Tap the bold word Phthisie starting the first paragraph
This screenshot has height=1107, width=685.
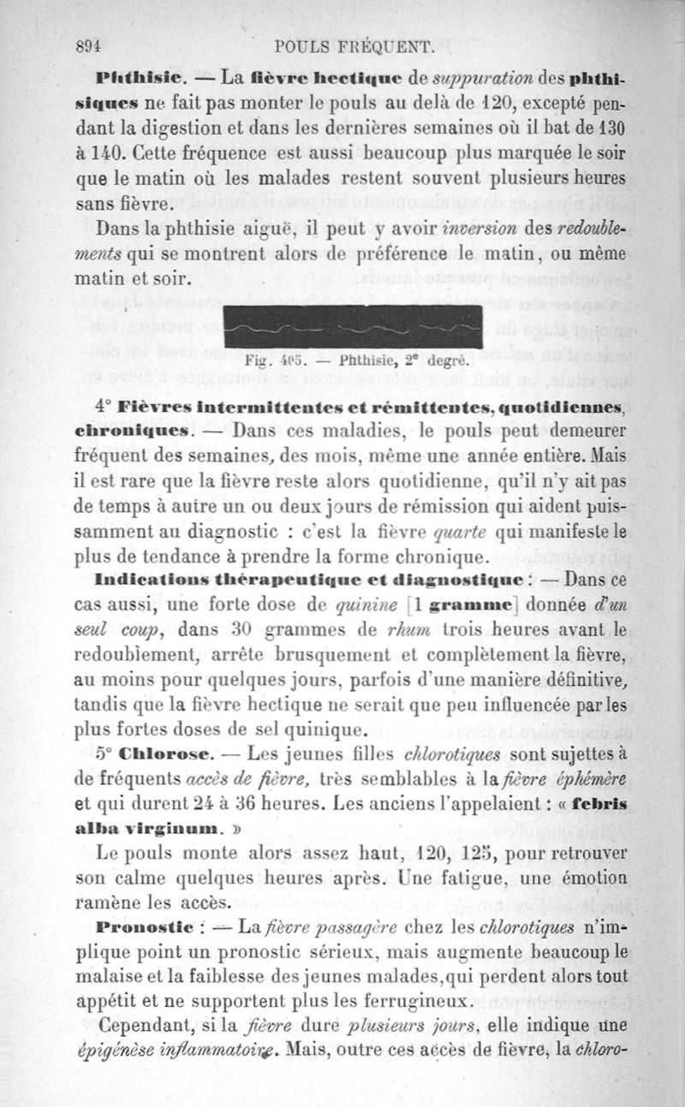point(139,80)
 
